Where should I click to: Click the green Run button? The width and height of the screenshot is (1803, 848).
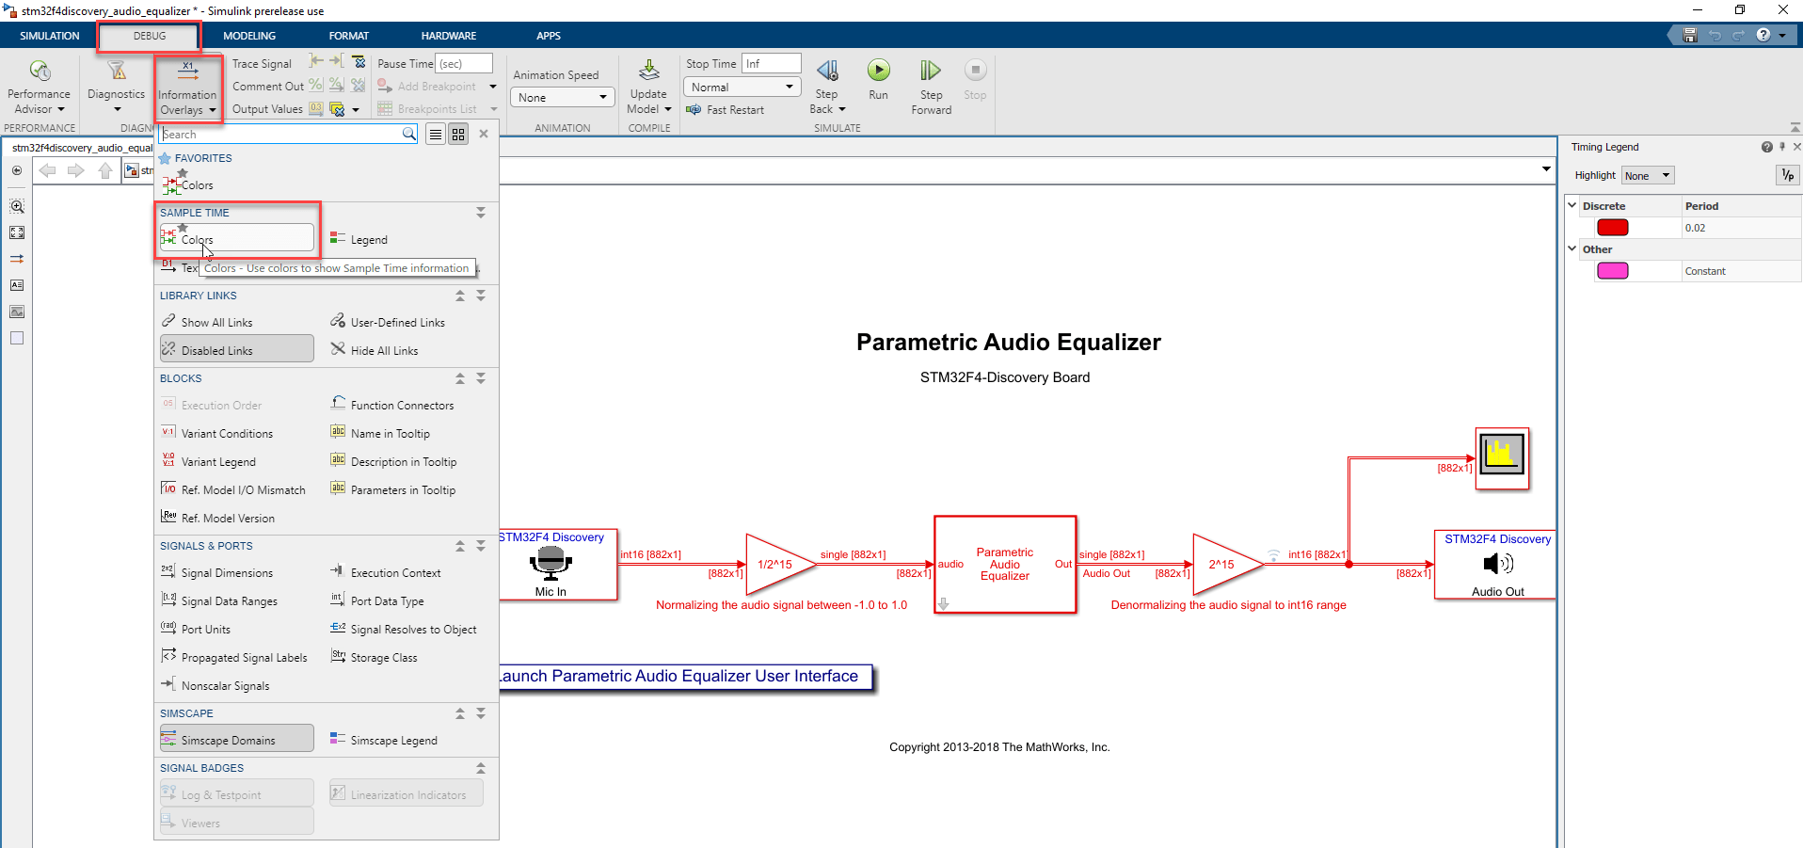pyautogui.click(x=878, y=71)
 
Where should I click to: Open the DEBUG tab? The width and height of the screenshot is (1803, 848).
pyautogui.click(x=150, y=36)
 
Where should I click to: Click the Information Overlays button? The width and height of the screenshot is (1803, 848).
pyautogui.click(x=187, y=88)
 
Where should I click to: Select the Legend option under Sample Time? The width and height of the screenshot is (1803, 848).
pyautogui.click(x=368, y=240)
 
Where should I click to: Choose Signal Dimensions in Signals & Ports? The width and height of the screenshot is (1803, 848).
pyautogui.click(x=226, y=573)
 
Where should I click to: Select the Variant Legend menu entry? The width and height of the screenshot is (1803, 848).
pyautogui.click(x=217, y=462)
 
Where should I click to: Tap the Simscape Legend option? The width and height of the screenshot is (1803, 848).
pyautogui.click(x=392, y=741)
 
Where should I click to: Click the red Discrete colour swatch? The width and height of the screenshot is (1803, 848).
pyautogui.click(x=1612, y=228)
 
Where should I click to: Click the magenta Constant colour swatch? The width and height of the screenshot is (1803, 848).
pyautogui.click(x=1612, y=271)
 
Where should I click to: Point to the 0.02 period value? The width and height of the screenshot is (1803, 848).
pyautogui.click(x=1695, y=228)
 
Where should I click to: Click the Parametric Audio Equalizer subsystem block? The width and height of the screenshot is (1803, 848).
pyautogui.click(x=1004, y=565)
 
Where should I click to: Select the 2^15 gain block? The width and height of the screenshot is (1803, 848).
pyautogui.click(x=1223, y=565)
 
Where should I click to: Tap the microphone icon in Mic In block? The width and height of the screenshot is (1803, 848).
pyautogui.click(x=550, y=563)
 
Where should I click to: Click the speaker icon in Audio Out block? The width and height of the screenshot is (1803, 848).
pyautogui.click(x=1497, y=564)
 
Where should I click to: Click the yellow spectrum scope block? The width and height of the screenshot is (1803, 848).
pyautogui.click(x=1501, y=458)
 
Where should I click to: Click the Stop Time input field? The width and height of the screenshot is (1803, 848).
pyautogui.click(x=771, y=64)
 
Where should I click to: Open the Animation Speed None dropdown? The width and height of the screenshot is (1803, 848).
pyautogui.click(x=563, y=98)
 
